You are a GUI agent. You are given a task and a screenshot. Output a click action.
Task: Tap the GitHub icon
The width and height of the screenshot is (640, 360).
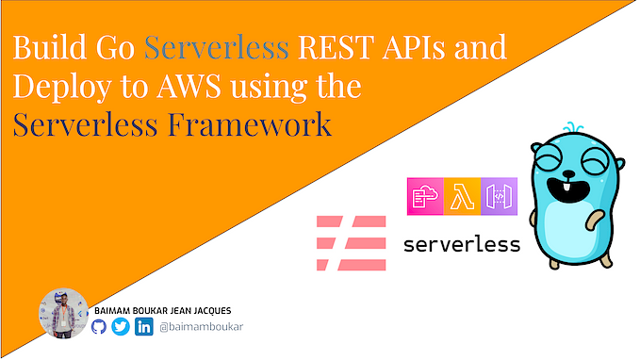[100, 327]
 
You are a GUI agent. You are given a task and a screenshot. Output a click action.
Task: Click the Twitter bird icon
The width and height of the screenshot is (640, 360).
[121, 327]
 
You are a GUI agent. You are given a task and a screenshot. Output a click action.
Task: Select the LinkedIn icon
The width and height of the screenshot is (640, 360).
[144, 327]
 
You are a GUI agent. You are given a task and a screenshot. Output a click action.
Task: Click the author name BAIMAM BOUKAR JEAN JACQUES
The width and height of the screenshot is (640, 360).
[175, 309]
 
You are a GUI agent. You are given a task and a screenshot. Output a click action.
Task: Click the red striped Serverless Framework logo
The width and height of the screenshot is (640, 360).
[352, 243]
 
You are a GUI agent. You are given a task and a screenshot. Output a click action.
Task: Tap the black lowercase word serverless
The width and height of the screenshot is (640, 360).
[461, 245]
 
